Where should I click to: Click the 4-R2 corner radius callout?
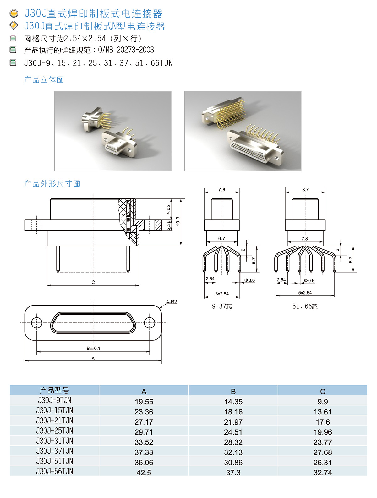pos(171,302)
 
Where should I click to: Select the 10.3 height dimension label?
pos(178,221)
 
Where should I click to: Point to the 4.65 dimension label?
pos(168,210)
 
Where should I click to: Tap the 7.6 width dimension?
pos(221,189)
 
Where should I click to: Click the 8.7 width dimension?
pos(305,189)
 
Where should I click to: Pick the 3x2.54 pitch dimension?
pos(222,294)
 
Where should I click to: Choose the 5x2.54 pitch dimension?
pos(305,293)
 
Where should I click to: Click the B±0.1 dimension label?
pos(93,348)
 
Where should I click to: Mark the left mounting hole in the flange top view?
pos(36,322)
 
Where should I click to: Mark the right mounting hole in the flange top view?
pos(149,322)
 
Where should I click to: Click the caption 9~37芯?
pos(222,306)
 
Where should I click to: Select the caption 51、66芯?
pos(305,306)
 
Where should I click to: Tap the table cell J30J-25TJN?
pos(54,430)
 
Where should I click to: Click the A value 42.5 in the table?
pos(144,473)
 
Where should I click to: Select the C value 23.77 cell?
pos(323,442)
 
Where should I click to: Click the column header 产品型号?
pos(54,390)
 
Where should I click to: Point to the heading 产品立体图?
pos(44,80)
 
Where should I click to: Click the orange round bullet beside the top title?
pos(14,13)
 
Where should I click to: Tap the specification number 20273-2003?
pos(135,50)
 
